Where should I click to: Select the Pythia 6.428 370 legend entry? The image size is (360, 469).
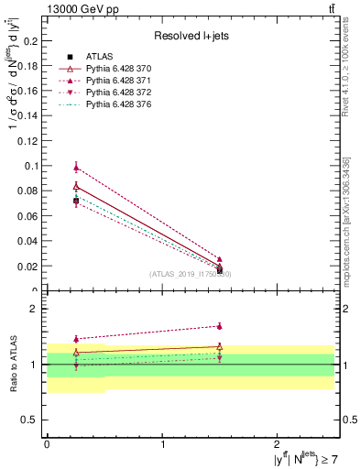click(106, 69)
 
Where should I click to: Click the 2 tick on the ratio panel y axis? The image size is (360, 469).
click(34, 310)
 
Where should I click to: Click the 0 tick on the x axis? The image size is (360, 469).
click(47, 443)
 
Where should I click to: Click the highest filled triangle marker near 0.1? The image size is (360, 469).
click(76, 167)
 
